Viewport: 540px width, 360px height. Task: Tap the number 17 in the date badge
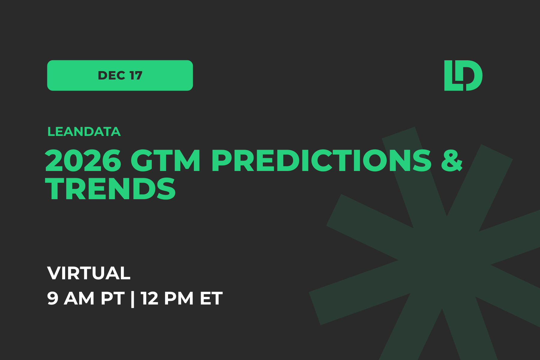coord(136,76)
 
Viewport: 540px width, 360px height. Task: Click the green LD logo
coord(463,76)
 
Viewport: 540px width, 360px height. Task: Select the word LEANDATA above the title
coord(84,132)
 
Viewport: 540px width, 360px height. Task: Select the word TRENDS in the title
coord(110,189)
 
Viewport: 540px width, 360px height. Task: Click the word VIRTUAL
coord(89,273)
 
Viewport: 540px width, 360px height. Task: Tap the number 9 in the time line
coord(53,298)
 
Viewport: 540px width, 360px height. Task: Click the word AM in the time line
coord(79,298)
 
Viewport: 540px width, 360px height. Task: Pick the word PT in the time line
coord(112,298)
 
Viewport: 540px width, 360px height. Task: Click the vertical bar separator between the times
coord(133,299)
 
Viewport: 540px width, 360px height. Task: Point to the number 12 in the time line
coord(149,298)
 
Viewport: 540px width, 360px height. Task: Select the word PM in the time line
coord(179,298)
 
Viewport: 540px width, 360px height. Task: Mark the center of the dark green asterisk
coord(444,261)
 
